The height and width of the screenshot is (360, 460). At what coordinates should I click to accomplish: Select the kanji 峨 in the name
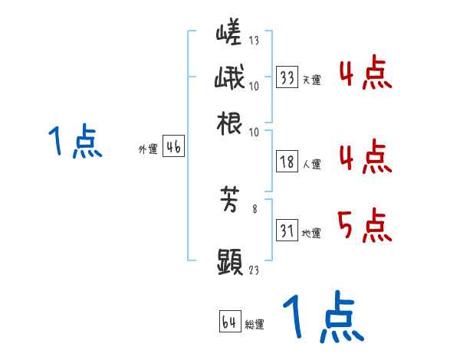[230, 79]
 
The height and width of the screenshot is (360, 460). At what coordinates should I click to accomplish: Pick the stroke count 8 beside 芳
[255, 208]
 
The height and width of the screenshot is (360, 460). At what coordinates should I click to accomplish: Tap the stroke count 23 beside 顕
[255, 269]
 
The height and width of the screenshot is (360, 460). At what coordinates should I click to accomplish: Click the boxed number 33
[287, 77]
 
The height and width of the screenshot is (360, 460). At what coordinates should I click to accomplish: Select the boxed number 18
[287, 162]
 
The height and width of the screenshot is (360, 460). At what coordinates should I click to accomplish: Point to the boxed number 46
[173, 148]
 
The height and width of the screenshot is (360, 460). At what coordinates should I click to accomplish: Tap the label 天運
[311, 80]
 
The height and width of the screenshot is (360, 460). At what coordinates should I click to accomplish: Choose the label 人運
[311, 163]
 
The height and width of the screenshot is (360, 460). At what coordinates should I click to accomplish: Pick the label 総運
[255, 324]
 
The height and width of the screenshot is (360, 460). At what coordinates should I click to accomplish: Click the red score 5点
[363, 226]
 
